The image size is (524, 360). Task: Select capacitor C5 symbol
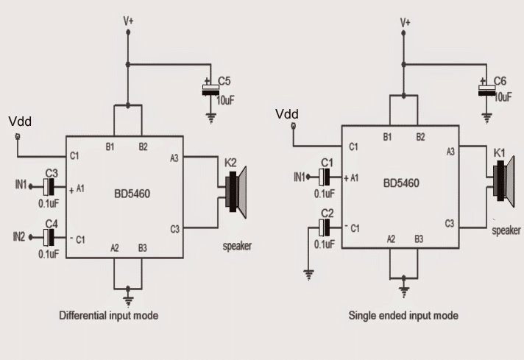[210, 91]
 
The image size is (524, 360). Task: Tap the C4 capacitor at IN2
[50, 237]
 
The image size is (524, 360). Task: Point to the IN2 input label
[19, 236]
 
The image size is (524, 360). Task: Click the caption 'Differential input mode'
[110, 315]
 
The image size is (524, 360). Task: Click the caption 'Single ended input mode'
[403, 315]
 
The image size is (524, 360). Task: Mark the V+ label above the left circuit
[128, 22]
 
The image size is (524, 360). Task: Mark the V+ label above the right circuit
[404, 22]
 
